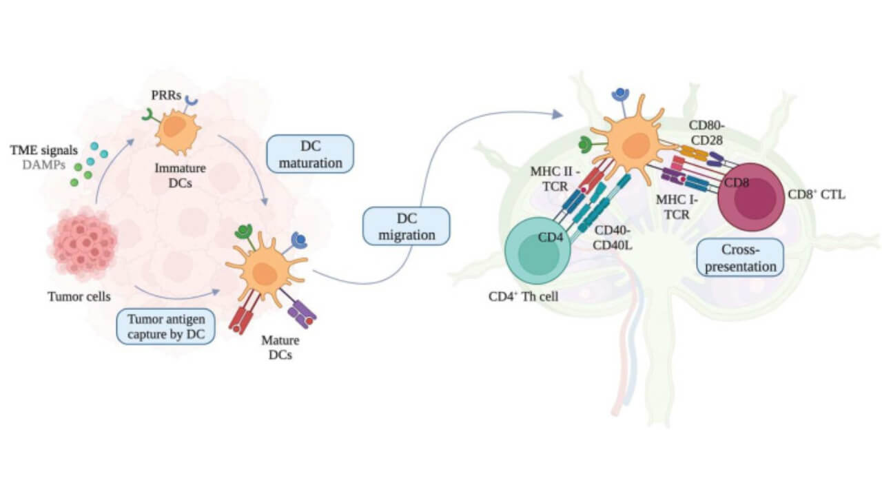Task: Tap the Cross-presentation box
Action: click(x=739, y=257)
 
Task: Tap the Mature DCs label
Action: click(x=280, y=348)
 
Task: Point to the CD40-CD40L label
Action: click(x=615, y=238)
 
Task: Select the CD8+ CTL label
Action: click(x=817, y=195)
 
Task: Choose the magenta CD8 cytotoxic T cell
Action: click(x=752, y=196)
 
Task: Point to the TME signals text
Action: click(x=43, y=149)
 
